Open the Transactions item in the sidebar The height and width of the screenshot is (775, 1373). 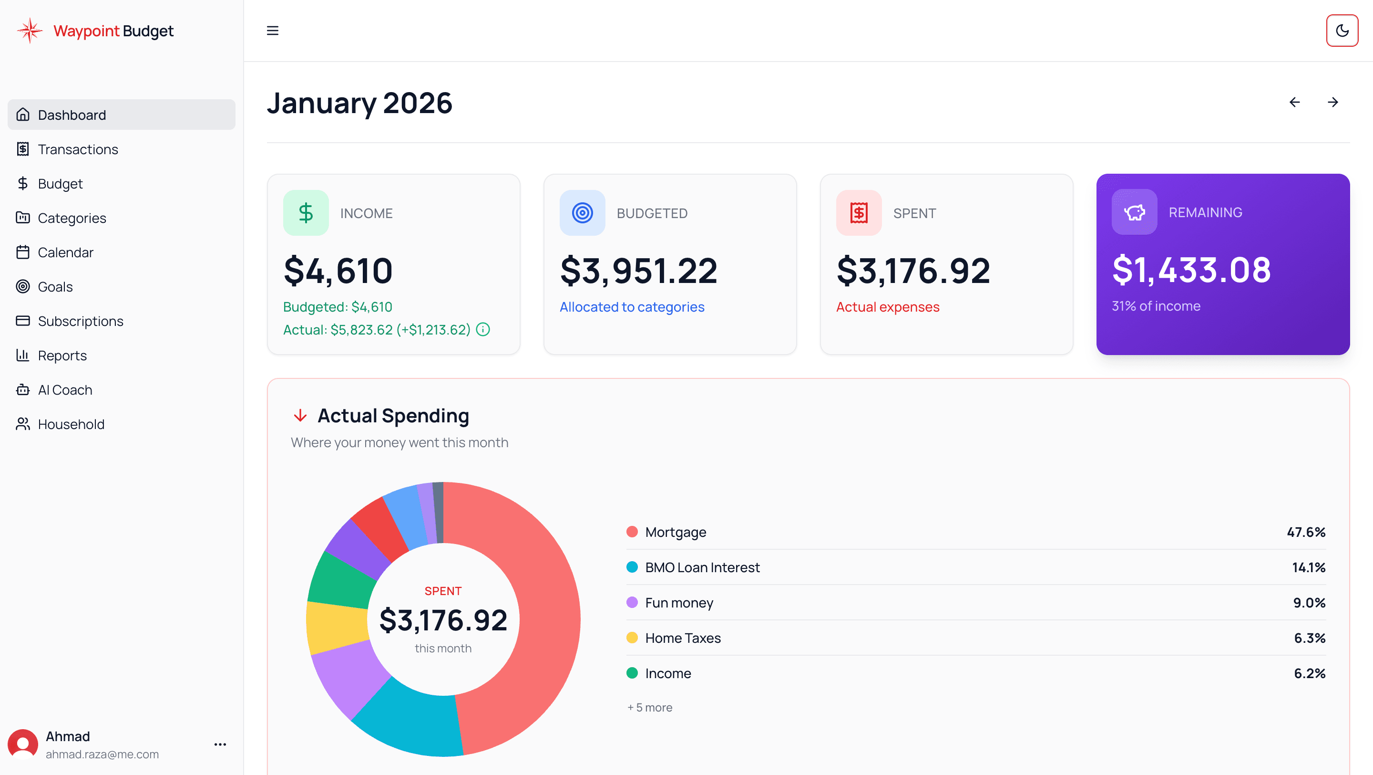click(78, 149)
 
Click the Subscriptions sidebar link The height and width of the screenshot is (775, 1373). click(80, 321)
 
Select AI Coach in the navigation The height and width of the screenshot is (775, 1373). click(64, 390)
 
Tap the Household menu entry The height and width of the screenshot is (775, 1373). click(71, 424)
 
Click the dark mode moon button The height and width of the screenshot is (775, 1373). click(1342, 31)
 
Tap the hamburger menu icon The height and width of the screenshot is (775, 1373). click(272, 31)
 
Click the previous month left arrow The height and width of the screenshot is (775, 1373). click(1294, 102)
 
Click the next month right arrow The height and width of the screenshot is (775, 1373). click(1332, 102)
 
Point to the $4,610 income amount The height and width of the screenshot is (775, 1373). click(338, 271)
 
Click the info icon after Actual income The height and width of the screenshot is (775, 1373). click(483, 330)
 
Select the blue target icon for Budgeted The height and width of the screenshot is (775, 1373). click(582, 213)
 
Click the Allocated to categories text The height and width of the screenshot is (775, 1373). click(632, 307)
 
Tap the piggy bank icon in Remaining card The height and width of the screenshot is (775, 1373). click(1134, 212)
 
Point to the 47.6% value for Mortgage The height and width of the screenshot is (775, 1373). click(1305, 532)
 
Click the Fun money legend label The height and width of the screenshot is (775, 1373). click(678, 603)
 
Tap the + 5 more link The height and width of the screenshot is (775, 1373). click(650, 707)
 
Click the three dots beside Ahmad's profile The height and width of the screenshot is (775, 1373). click(220, 744)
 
